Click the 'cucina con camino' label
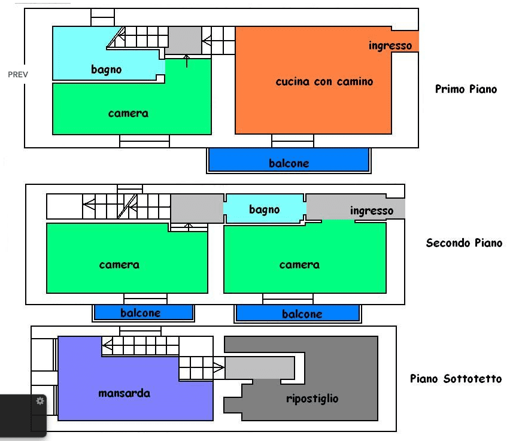pos(324,81)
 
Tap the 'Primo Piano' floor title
pos(466,89)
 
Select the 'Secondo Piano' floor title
pos(464,243)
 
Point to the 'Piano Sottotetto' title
pos(456,379)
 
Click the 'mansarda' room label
pos(124,393)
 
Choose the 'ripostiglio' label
pos(312,399)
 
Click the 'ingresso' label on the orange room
pos(390,45)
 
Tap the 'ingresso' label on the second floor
pos(372,211)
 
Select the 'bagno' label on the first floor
pos(106,70)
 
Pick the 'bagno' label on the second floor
pos(265,210)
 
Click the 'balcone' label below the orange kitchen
pos(289,163)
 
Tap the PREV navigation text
pos(18,75)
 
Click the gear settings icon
pos(40,401)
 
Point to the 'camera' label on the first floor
pos(128,114)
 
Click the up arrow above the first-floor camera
pos(187,61)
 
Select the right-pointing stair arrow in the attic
pos(218,368)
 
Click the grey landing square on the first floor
pos(183,40)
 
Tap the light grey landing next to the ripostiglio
pos(260,368)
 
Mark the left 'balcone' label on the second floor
pos(141,313)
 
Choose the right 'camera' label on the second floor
pos(299,265)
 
